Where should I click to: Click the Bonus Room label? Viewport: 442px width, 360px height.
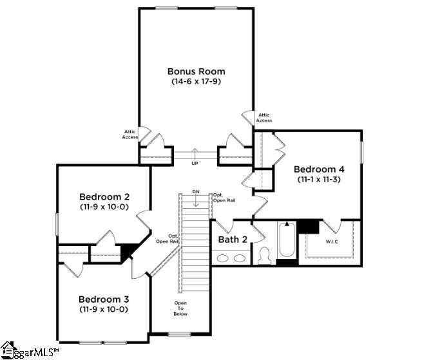(x=196, y=71)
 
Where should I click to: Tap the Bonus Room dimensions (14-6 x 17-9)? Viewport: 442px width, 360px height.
(x=196, y=82)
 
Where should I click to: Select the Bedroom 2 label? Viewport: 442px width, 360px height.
(x=104, y=196)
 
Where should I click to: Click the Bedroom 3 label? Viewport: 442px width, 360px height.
(x=104, y=299)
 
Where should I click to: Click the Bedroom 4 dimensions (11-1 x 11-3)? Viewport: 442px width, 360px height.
(x=318, y=180)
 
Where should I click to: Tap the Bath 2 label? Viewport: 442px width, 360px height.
(x=233, y=240)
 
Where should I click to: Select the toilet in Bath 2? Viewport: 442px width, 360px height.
(x=264, y=256)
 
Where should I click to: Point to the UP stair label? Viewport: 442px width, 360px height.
(x=195, y=163)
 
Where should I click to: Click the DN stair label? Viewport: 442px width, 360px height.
(x=196, y=192)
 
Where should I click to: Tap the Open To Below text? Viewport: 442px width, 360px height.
(x=181, y=308)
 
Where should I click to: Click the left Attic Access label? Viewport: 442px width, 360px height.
(x=130, y=134)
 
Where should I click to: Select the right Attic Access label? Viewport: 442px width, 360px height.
(x=264, y=118)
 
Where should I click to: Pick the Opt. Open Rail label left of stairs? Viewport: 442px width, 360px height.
(x=168, y=238)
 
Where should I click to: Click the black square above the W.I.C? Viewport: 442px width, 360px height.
(x=309, y=226)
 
